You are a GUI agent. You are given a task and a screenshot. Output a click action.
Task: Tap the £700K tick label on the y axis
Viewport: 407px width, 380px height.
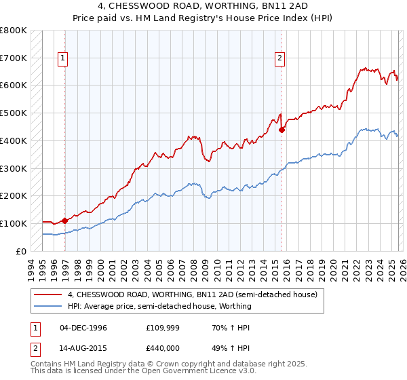[14, 58]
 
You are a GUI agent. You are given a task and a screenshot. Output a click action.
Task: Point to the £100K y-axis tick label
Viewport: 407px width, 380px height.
[14, 223]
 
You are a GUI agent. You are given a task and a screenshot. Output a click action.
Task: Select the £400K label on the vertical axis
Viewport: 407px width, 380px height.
[14, 140]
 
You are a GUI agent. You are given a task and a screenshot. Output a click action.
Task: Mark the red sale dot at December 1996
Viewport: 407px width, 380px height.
[65, 220]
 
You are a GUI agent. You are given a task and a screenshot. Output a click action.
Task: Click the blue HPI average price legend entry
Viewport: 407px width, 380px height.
[159, 306]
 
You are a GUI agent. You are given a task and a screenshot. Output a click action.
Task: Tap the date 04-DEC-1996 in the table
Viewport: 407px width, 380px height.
[83, 328]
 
